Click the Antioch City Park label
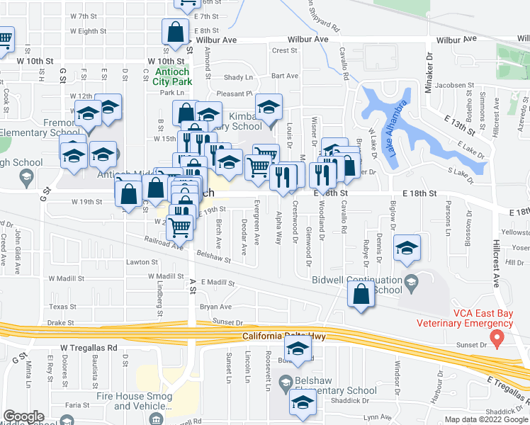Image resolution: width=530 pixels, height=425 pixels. [x=172, y=76]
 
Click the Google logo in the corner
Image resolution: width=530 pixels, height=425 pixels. [x=23, y=416]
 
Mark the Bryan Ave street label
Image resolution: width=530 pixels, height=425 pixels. [x=215, y=307]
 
